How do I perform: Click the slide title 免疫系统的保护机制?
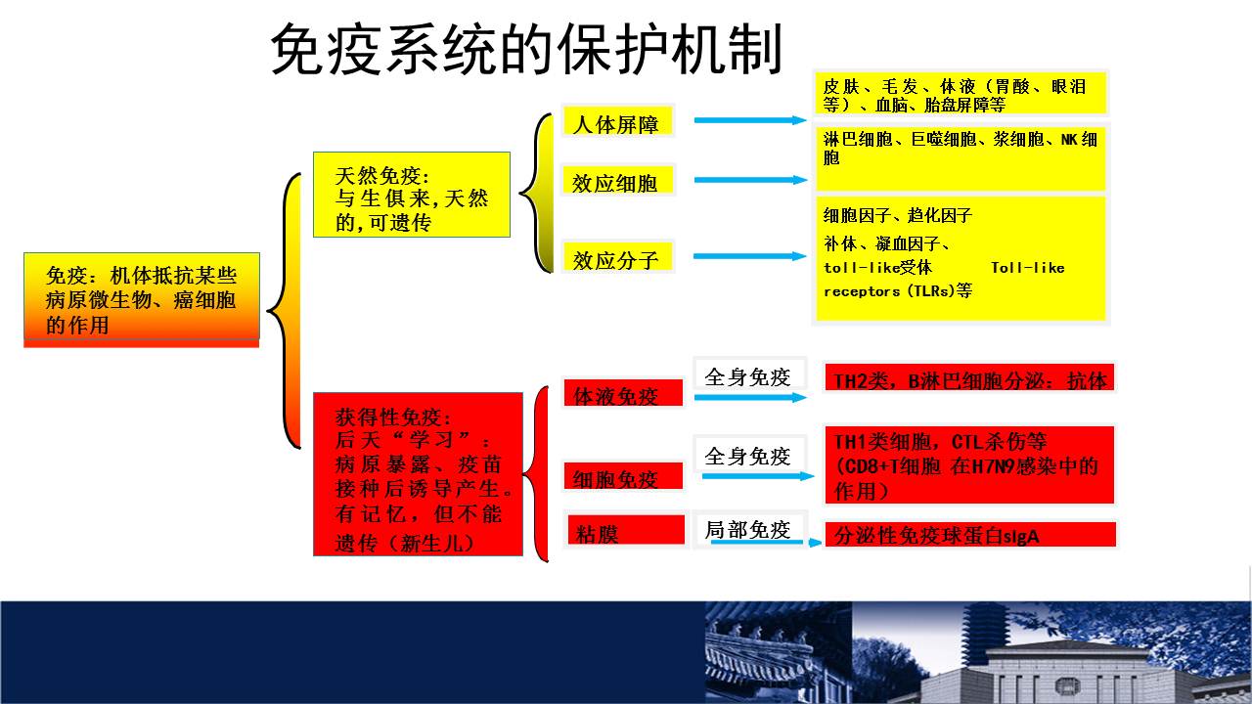[x=525, y=49]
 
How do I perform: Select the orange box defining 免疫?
[x=142, y=300]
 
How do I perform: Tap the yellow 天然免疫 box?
[x=412, y=195]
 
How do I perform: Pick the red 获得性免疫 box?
[x=418, y=474]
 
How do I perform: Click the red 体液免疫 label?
[x=623, y=393]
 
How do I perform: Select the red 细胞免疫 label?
[x=623, y=475]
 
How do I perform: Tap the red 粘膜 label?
[x=626, y=530]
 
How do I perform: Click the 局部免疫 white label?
[x=748, y=529]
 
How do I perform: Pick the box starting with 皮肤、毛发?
[x=961, y=93]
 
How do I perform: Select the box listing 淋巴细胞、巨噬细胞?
[x=961, y=158]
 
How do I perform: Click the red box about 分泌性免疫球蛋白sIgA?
[x=970, y=535]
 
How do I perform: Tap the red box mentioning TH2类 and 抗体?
[x=969, y=377]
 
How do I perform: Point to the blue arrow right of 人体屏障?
[x=750, y=120]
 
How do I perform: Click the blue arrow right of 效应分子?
[x=749, y=256]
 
